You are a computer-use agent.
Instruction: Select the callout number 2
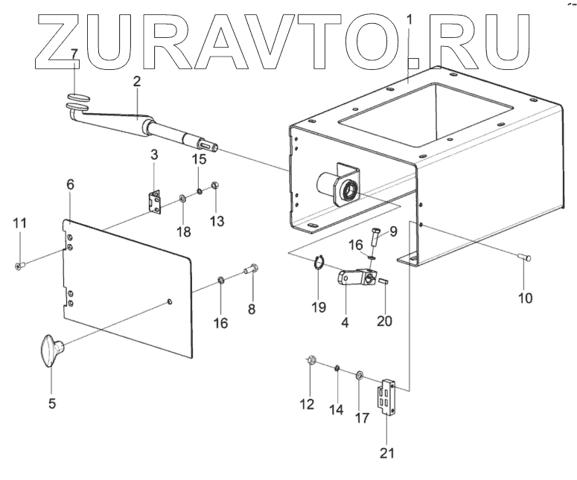[x=137, y=83]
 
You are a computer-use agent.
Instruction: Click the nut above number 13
[x=215, y=186]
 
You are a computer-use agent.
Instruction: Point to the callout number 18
[x=182, y=231]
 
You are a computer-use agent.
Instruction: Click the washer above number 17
[x=360, y=374]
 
